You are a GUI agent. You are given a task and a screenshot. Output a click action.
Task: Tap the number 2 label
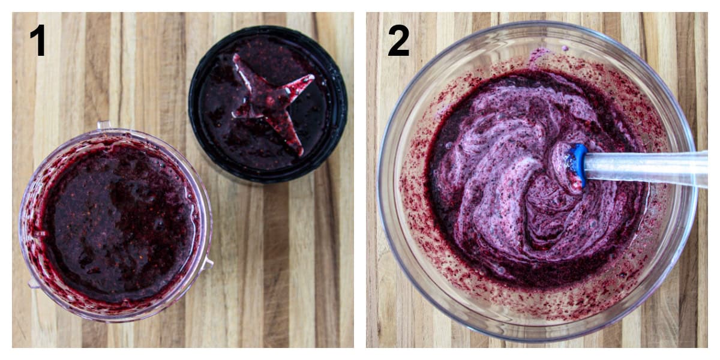[x=398, y=40]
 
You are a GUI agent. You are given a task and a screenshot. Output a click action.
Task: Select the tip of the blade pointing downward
[x=296, y=150]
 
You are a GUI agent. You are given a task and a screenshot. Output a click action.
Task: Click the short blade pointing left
[x=241, y=112]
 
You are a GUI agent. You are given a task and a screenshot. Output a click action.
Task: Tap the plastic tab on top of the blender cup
[x=104, y=125]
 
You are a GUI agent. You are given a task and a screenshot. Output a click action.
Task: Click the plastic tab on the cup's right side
[x=208, y=262]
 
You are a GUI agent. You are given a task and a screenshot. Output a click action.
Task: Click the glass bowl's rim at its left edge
[x=380, y=180]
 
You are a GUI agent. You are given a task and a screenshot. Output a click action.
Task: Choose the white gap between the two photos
[x=360, y=180]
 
